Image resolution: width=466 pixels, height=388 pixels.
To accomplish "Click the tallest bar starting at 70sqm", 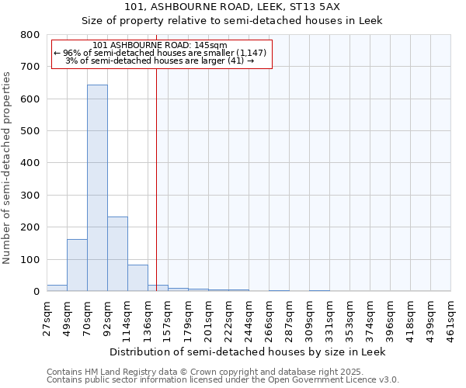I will coord(97,188).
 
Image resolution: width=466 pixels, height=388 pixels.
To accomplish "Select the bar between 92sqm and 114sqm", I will coord(117,254).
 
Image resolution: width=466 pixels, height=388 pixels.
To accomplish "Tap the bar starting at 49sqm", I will coord(77,265).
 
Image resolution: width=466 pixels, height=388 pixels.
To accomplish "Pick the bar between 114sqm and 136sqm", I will coord(137,278).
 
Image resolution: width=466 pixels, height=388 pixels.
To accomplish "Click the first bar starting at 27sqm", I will coord(57,288).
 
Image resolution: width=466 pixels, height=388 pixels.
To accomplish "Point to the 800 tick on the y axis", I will coord(30,35).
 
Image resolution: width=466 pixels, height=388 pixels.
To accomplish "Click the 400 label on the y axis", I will coord(30,163).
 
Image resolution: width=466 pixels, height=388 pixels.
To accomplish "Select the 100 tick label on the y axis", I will coord(30,259).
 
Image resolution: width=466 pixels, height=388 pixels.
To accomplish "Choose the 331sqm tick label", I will coord(329,318).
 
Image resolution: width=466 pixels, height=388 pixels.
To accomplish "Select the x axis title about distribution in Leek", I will coord(247,352).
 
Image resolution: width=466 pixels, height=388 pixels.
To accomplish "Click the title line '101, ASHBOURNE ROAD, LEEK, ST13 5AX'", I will coord(231,7).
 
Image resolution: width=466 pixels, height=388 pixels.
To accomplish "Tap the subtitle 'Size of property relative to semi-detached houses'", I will coord(231,20).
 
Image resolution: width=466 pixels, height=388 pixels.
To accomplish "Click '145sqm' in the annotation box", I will coord(211,45).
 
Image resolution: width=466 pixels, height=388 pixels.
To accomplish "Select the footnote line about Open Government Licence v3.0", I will coord(222,379).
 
